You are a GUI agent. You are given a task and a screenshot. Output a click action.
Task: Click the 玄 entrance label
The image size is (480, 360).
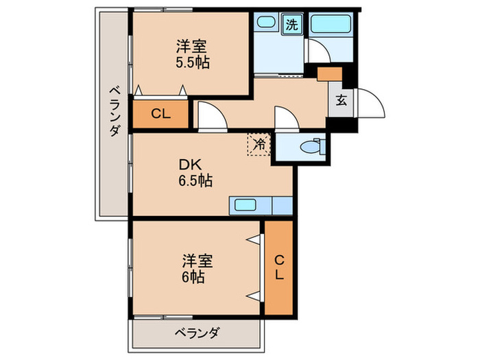pos(341,100)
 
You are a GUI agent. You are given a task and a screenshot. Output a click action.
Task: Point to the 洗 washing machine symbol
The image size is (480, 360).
pos(291,25)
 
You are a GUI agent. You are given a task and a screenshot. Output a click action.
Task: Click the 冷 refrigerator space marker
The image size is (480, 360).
pos(259,145)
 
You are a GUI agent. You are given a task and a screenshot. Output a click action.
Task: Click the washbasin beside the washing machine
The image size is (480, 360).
pos(266,22)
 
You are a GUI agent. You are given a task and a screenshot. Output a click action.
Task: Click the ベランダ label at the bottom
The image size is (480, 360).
pos(196,333)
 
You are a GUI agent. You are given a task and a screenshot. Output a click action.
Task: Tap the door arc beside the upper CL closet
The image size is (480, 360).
pos(211,115)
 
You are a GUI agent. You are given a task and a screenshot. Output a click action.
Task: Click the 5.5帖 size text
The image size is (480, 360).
pos(192,62)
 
